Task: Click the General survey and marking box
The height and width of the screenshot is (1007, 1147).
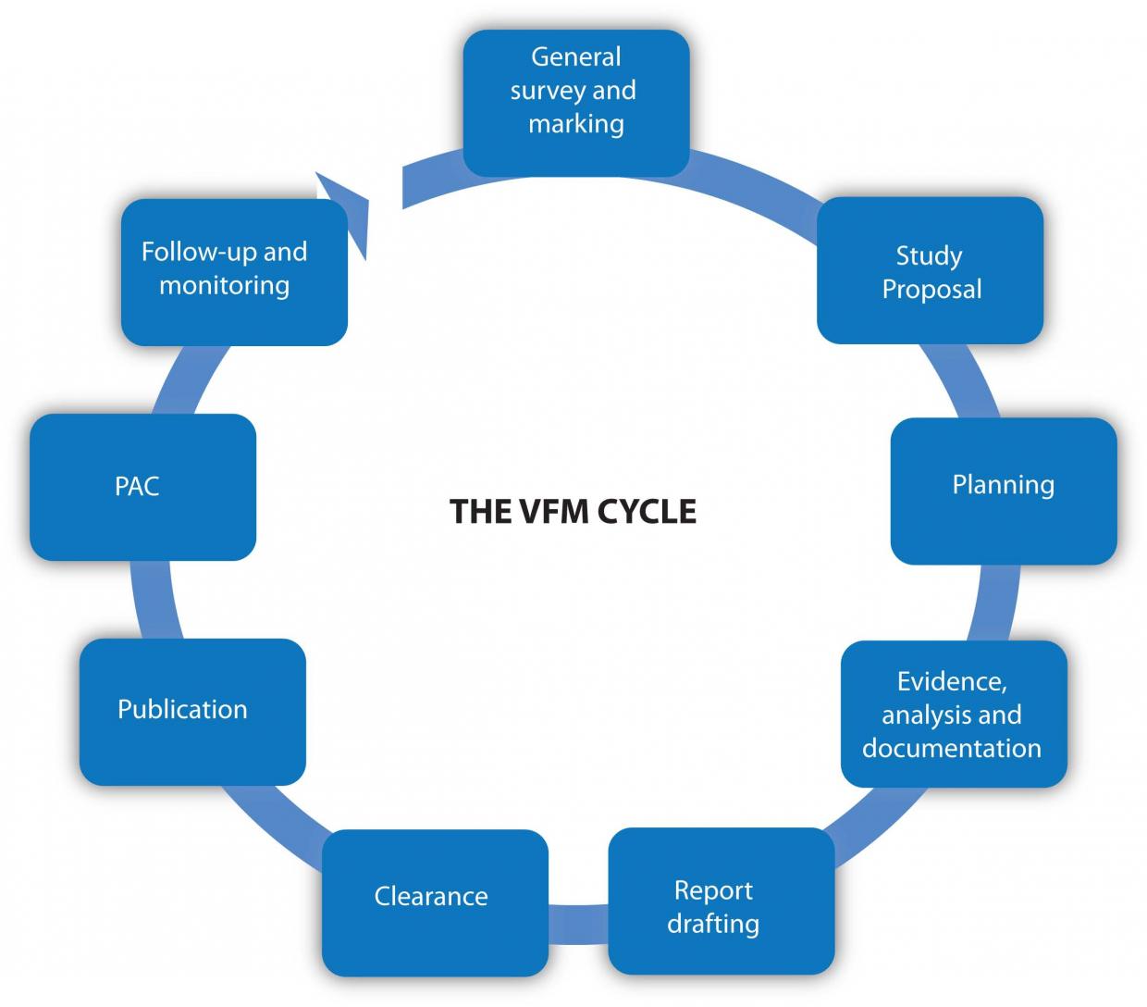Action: [575, 103]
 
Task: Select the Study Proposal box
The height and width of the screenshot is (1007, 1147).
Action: [930, 270]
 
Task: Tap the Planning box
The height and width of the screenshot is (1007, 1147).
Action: [1003, 491]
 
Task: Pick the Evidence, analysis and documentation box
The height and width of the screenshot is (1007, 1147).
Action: [953, 714]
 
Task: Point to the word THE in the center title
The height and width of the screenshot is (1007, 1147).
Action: [475, 512]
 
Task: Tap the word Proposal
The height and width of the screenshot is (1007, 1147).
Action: [931, 289]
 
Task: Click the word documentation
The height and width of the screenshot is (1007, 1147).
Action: [952, 748]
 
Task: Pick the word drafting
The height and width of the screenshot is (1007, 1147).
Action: [713, 924]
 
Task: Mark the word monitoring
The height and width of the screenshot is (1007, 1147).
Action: [225, 285]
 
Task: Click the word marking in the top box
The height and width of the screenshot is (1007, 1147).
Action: [575, 123]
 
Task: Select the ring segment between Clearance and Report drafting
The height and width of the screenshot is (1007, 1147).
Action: [578, 916]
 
